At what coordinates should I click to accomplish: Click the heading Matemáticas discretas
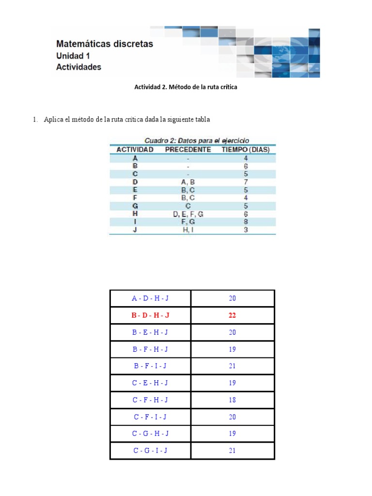(105, 44)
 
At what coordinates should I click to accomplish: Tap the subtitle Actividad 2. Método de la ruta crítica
(186, 87)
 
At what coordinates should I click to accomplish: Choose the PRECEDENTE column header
(188, 150)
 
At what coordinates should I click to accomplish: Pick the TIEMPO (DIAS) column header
(246, 150)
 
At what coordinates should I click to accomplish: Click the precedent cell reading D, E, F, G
(188, 214)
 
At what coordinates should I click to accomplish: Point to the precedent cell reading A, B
(188, 182)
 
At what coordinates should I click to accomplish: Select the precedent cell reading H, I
(188, 230)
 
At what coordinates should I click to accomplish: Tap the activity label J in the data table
(135, 230)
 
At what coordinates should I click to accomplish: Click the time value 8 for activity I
(246, 222)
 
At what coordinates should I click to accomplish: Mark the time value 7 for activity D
(246, 182)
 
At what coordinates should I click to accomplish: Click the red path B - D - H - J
(150, 315)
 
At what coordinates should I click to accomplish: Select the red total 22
(232, 315)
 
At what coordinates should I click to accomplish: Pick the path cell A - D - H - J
(150, 298)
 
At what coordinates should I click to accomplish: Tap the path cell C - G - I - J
(150, 450)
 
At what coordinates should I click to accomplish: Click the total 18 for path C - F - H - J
(232, 400)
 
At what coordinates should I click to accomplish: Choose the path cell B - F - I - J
(150, 366)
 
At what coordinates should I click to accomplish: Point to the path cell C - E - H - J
(150, 383)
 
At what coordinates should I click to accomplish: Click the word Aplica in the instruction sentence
(53, 120)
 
